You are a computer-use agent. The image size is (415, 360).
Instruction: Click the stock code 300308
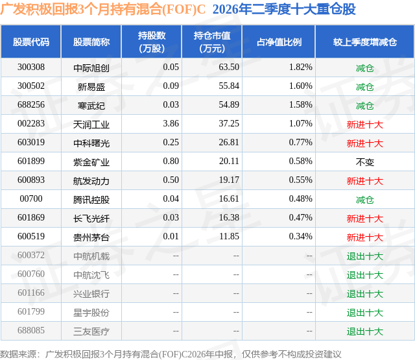[31, 67]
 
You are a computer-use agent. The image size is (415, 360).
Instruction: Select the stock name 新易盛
[91, 86]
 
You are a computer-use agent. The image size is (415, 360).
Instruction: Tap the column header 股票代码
[31, 42]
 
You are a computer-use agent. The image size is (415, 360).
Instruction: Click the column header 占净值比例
[279, 42]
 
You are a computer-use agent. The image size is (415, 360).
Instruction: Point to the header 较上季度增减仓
[365, 42]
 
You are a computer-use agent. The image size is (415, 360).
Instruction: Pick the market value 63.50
[229, 67]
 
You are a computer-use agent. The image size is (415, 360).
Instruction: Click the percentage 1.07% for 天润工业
[301, 124]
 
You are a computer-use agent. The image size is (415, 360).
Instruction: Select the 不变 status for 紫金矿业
[365, 162]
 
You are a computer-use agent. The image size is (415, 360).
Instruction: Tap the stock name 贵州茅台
[91, 237]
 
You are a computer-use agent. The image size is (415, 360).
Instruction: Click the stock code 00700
[31, 198]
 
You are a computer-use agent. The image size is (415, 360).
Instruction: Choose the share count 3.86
[171, 124]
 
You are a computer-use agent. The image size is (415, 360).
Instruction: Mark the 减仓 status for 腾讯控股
[365, 199]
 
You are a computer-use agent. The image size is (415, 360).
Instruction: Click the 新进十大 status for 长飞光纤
[365, 218]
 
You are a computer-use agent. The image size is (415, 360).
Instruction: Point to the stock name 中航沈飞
[91, 274]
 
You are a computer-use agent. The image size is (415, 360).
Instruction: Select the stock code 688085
[31, 330]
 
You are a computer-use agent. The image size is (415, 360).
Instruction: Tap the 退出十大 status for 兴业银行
[365, 293]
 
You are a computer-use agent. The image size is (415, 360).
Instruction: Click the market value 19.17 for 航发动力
[229, 180]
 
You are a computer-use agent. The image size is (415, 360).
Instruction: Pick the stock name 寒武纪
[91, 105]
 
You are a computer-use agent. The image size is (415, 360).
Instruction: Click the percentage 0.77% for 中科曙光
[301, 143]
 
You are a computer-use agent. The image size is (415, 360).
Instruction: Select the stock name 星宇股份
[91, 312]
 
